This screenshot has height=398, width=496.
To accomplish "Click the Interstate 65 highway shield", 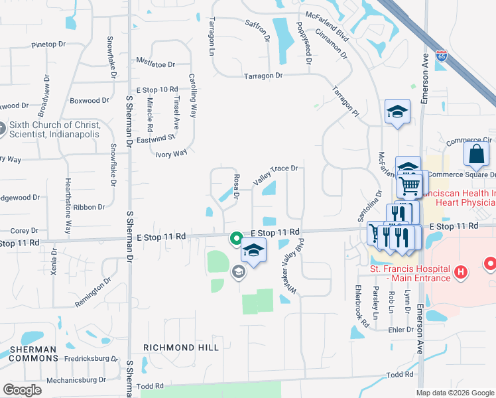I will [442, 55].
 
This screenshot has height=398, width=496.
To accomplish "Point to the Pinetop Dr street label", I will [49, 45].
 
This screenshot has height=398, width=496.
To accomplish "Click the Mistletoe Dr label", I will [155, 65].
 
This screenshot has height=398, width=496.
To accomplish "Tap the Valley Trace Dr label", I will [276, 173].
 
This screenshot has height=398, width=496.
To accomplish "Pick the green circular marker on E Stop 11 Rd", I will [235, 237].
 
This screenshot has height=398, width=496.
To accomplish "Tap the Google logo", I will [22, 389].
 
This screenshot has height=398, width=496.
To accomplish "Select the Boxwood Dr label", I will [89, 101].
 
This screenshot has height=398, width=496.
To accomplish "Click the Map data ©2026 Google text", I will [454, 393].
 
